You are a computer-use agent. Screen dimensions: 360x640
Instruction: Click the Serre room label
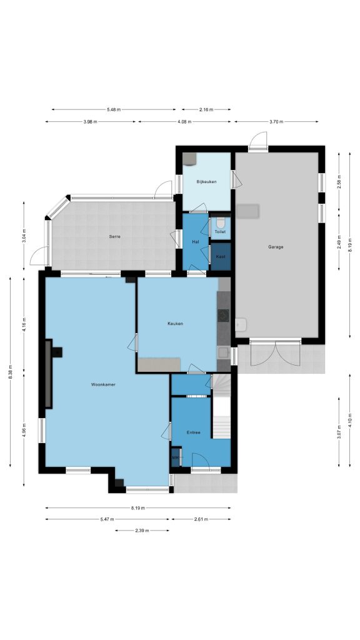pyautogui.click(x=114, y=236)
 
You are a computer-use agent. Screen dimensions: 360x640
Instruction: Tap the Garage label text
pyautogui.click(x=276, y=247)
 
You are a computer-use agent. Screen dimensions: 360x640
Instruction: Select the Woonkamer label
pyautogui.click(x=103, y=384)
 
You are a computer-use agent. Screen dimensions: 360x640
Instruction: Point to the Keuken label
pyautogui.click(x=175, y=323)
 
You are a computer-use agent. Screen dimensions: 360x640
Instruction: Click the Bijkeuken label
pyautogui.click(x=206, y=182)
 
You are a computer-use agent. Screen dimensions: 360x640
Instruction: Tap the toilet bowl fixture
pyautogui.click(x=221, y=223)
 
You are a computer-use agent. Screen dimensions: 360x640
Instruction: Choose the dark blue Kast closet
pyautogui.click(x=221, y=257)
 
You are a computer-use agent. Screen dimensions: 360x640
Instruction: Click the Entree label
pyautogui.click(x=194, y=432)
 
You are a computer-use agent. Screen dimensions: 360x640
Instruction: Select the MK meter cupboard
pyautogui.click(x=176, y=457)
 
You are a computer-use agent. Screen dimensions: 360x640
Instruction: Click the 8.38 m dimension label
pyautogui.click(x=11, y=371)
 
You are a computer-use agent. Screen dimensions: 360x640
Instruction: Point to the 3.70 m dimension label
pyautogui.click(x=276, y=122)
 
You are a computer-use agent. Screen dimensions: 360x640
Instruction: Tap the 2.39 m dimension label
pyautogui.click(x=142, y=531)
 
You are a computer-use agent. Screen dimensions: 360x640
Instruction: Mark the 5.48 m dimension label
pyautogui.click(x=114, y=109)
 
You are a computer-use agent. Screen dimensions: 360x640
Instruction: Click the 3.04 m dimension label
pyautogui.click(x=24, y=236)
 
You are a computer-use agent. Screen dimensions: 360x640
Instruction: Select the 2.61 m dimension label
pyautogui.click(x=201, y=519)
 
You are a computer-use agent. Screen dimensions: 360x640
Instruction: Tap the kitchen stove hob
pyautogui.click(x=223, y=315)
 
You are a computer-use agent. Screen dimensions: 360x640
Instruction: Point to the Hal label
pyautogui.click(x=196, y=242)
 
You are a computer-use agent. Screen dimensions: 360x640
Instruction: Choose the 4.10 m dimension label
pyautogui.click(x=350, y=420)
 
